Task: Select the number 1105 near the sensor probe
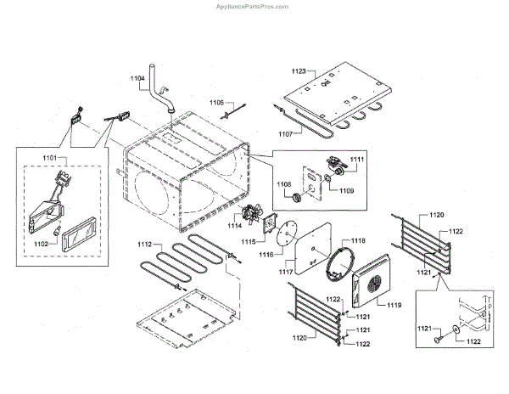point(216,100)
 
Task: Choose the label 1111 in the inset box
point(356,160)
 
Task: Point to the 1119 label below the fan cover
point(394,303)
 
